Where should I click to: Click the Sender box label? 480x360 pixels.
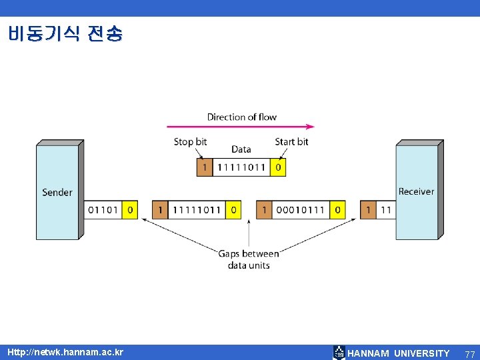pos(57,192)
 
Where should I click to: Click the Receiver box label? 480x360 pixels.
pos(416,191)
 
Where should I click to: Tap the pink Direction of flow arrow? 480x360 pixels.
pos(240,126)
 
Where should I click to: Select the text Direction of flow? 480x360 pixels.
pos(241,117)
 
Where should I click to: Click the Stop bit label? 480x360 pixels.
pos(190,141)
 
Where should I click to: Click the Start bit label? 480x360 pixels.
pos(291,141)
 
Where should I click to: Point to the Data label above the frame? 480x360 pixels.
pos(241,149)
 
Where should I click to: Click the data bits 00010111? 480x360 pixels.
pos(301,210)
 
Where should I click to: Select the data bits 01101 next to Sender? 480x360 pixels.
pos(103,210)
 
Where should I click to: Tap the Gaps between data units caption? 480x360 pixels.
pos(249,259)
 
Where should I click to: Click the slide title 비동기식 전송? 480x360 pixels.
pos(65,33)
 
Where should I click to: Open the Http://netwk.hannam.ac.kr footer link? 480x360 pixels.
pos(65,352)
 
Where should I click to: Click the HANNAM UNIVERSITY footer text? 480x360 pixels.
pos(399,353)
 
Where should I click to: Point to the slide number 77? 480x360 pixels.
pos(470,353)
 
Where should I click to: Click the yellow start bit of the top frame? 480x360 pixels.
pos(278,167)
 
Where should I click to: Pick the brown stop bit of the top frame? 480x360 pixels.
pos(204,167)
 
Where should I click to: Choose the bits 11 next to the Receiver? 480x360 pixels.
pos(386,210)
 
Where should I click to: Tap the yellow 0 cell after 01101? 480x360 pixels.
pos(130,210)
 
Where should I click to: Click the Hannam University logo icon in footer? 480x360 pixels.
pos(339,353)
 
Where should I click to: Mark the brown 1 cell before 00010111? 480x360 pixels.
pos(264,210)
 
